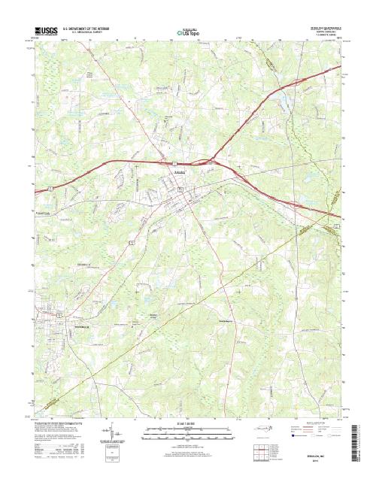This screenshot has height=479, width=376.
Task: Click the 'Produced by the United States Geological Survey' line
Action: pos(66,423)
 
